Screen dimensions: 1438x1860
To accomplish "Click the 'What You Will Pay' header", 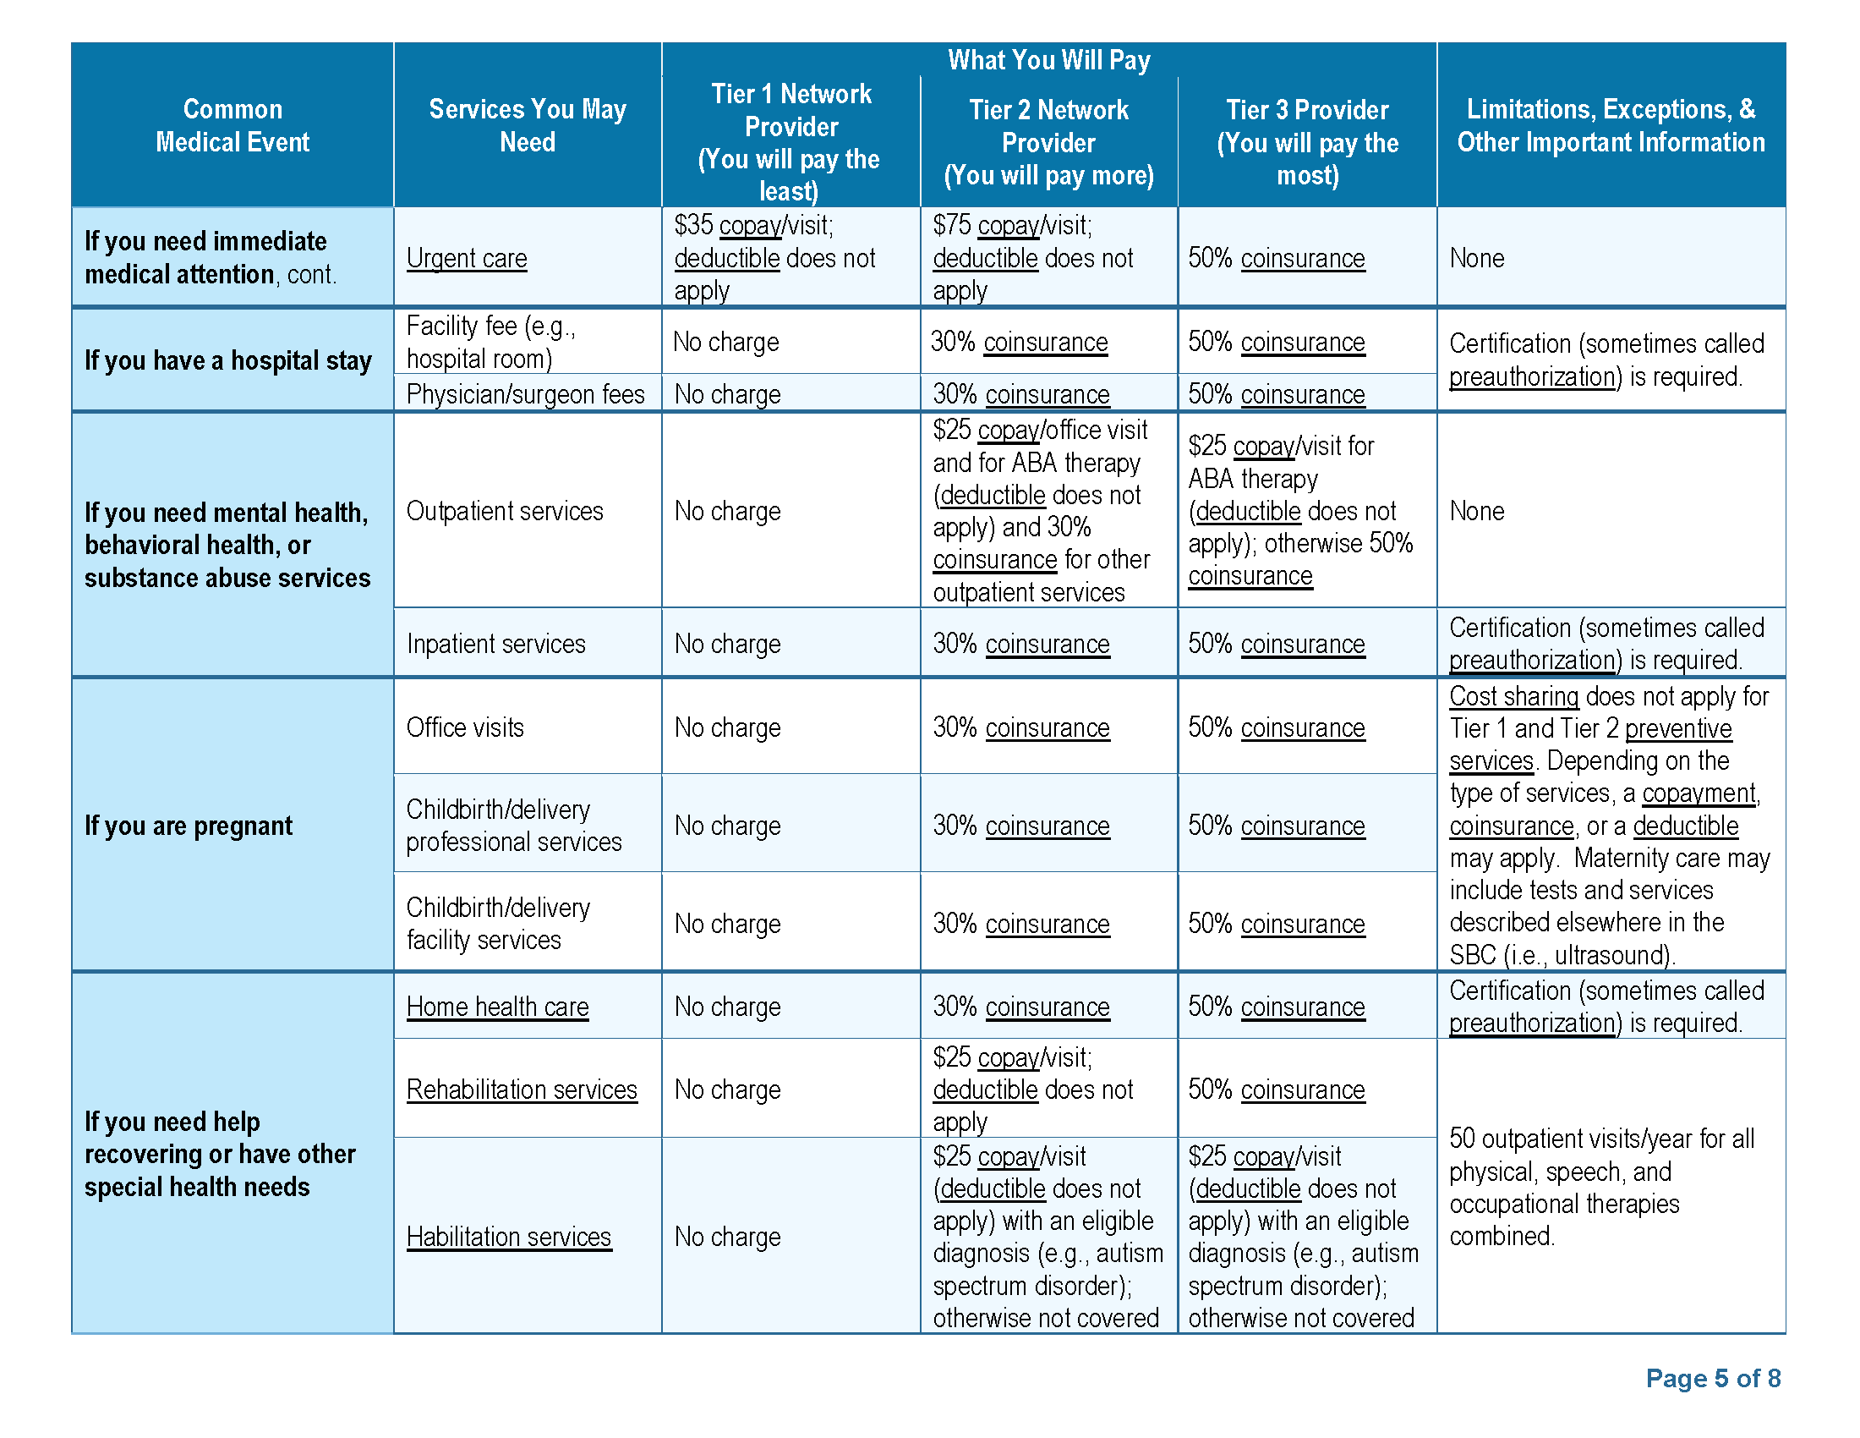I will tap(1048, 59).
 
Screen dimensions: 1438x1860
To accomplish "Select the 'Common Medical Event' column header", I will tap(232, 125).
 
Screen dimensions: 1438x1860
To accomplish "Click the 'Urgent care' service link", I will tap(466, 258).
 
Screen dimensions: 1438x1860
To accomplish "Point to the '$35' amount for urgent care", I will tap(692, 225).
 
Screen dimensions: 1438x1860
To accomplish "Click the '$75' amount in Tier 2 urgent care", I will tap(951, 225).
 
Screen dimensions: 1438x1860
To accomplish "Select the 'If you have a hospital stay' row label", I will tap(227, 360).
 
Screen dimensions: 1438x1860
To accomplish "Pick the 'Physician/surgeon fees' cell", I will tap(525, 394).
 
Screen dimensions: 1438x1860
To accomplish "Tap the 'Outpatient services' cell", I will tap(504, 511).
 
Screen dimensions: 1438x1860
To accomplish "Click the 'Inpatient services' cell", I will tap(495, 644).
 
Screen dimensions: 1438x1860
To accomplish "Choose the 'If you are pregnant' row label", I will tap(189, 826).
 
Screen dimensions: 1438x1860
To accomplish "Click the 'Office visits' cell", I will tap(465, 727).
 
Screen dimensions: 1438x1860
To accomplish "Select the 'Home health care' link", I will tap(497, 1007).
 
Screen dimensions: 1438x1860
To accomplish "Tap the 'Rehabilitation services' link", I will tap(521, 1089).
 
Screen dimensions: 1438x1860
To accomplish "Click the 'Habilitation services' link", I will tap(508, 1237).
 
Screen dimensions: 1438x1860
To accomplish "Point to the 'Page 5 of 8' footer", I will tap(1713, 1379).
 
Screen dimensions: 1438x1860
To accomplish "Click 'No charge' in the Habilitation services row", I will tap(727, 1237).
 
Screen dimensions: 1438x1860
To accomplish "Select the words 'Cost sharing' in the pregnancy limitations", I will tap(1513, 697).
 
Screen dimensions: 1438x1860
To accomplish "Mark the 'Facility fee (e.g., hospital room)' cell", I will tap(490, 342).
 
